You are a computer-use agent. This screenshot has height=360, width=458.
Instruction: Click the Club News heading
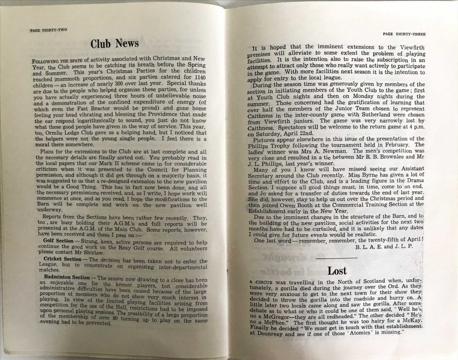114,43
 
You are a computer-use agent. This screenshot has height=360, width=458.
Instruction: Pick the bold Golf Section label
61,241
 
